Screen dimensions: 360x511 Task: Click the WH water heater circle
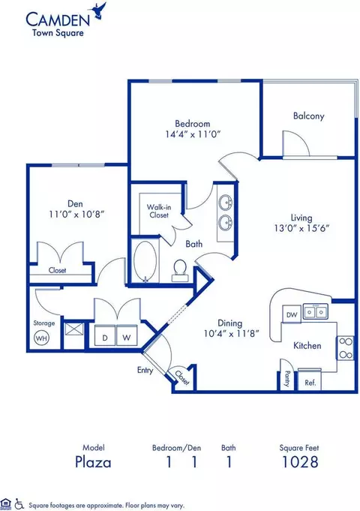[x=41, y=338]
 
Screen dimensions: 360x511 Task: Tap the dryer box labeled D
[x=105, y=335]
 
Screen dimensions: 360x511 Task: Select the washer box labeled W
[x=127, y=335]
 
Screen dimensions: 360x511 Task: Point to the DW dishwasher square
[x=292, y=314]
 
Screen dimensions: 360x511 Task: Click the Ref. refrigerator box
[x=310, y=380]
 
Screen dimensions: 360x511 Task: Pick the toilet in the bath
[x=180, y=271]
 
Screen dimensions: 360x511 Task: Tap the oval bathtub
[x=145, y=260]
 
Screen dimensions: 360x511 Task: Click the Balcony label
[x=308, y=116]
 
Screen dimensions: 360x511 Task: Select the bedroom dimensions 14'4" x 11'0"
[x=193, y=134]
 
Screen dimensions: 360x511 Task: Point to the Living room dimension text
[x=301, y=228]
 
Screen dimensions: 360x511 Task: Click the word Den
[x=75, y=203]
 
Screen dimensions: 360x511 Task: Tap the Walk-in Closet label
[x=159, y=211]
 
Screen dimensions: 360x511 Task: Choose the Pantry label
[x=287, y=379]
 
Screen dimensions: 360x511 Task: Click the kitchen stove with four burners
[x=345, y=347]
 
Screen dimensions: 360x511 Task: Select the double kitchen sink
[x=315, y=312]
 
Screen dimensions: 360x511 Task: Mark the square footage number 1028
[x=300, y=461]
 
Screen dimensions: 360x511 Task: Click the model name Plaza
[x=93, y=461]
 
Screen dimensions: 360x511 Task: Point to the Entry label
[x=145, y=370]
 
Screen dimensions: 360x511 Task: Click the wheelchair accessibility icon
[x=19, y=503]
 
